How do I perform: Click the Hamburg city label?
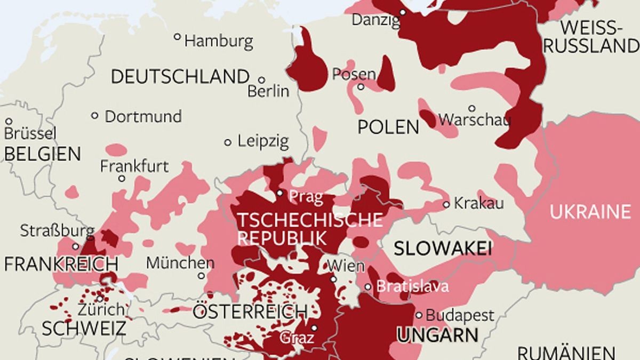219,41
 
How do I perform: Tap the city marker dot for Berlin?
261,79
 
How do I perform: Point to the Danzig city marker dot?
403,12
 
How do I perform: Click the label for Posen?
354,74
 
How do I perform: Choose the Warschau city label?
474,119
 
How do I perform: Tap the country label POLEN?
388,127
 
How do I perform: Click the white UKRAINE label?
590,212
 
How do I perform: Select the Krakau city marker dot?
446,204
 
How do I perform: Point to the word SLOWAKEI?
442,248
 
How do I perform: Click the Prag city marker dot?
280,193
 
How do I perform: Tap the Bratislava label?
412,286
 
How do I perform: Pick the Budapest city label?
460,315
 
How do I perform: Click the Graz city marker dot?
315,328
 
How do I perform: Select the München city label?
180,262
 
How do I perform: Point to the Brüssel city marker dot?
9,122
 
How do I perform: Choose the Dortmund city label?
143,116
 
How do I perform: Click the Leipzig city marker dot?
228,142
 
